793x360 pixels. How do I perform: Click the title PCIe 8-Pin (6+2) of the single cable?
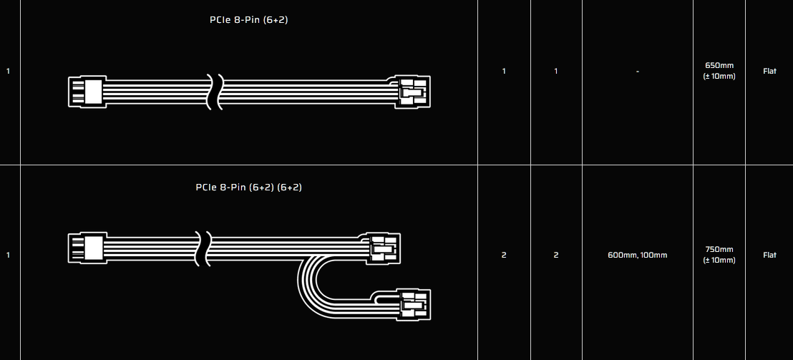[249, 21]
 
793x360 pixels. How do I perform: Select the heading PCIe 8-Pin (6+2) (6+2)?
[249, 188]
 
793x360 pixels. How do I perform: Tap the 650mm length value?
[719, 65]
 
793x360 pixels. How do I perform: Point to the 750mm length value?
[719, 249]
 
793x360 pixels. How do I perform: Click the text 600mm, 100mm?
[637, 256]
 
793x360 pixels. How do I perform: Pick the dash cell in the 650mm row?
[637, 72]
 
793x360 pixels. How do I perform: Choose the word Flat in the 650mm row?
[769, 72]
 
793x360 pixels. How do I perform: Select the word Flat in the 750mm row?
[769, 256]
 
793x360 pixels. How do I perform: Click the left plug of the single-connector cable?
[87, 92]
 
